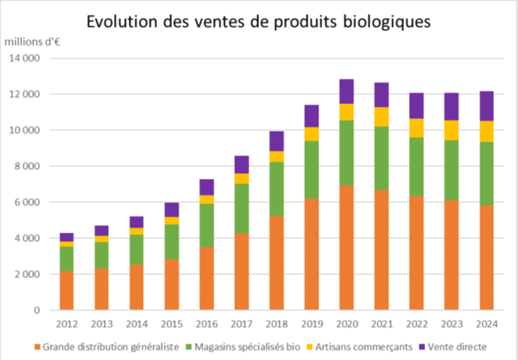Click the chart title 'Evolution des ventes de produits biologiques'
tap(258, 21)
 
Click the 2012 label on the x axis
tap(67, 325)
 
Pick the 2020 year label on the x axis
tap(346, 325)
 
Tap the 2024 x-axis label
tap(486, 325)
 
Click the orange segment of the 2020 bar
tap(346, 248)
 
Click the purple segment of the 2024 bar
tap(486, 106)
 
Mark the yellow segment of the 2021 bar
tap(381, 117)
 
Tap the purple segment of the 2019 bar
tap(311, 116)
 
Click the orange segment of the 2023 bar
tap(451, 255)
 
